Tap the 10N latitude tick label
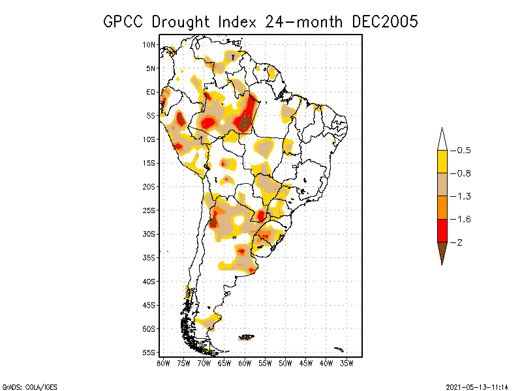pos(149,44)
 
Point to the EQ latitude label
pos(151,92)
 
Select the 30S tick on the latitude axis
pos(149,234)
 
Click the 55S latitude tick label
pos(149,353)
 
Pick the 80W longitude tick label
pos(162,362)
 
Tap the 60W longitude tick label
pos(245,362)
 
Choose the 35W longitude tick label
pos(347,362)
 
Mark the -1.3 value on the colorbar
pos(463,196)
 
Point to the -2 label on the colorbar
pos(461,242)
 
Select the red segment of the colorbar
pos(442,231)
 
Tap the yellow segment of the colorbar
pos(442,162)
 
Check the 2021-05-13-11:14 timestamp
pos(477,386)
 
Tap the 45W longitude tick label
pos(306,362)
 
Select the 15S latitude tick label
pos(149,163)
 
